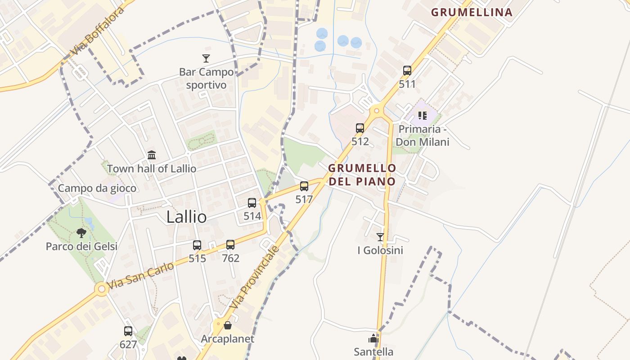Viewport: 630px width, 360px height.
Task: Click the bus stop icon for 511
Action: click(407, 71)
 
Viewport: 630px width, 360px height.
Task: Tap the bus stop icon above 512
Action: click(360, 128)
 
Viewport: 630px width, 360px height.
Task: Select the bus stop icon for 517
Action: click(304, 186)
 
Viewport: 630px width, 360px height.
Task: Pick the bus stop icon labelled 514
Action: click(252, 203)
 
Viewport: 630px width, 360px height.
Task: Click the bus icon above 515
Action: click(197, 245)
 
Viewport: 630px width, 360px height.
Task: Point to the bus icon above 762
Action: click(230, 245)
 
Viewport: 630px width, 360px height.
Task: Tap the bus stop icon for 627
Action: click(128, 331)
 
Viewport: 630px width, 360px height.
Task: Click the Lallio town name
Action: click(186, 217)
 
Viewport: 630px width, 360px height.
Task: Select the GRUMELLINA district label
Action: click(472, 12)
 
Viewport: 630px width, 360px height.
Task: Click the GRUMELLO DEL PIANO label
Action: click(362, 175)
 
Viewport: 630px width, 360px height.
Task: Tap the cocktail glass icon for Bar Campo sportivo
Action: click(206, 58)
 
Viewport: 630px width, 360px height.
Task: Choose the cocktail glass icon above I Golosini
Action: click(380, 237)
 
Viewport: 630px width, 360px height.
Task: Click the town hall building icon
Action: click(152, 155)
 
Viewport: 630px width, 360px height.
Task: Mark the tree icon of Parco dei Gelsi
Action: click(81, 233)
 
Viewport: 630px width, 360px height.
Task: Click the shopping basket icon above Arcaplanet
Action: click(228, 325)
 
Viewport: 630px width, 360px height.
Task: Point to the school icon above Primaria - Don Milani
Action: click(422, 116)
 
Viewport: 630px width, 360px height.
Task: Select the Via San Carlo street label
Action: click(140, 275)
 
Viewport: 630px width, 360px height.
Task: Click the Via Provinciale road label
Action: click(255, 277)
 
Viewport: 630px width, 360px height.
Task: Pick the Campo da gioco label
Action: click(97, 188)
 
